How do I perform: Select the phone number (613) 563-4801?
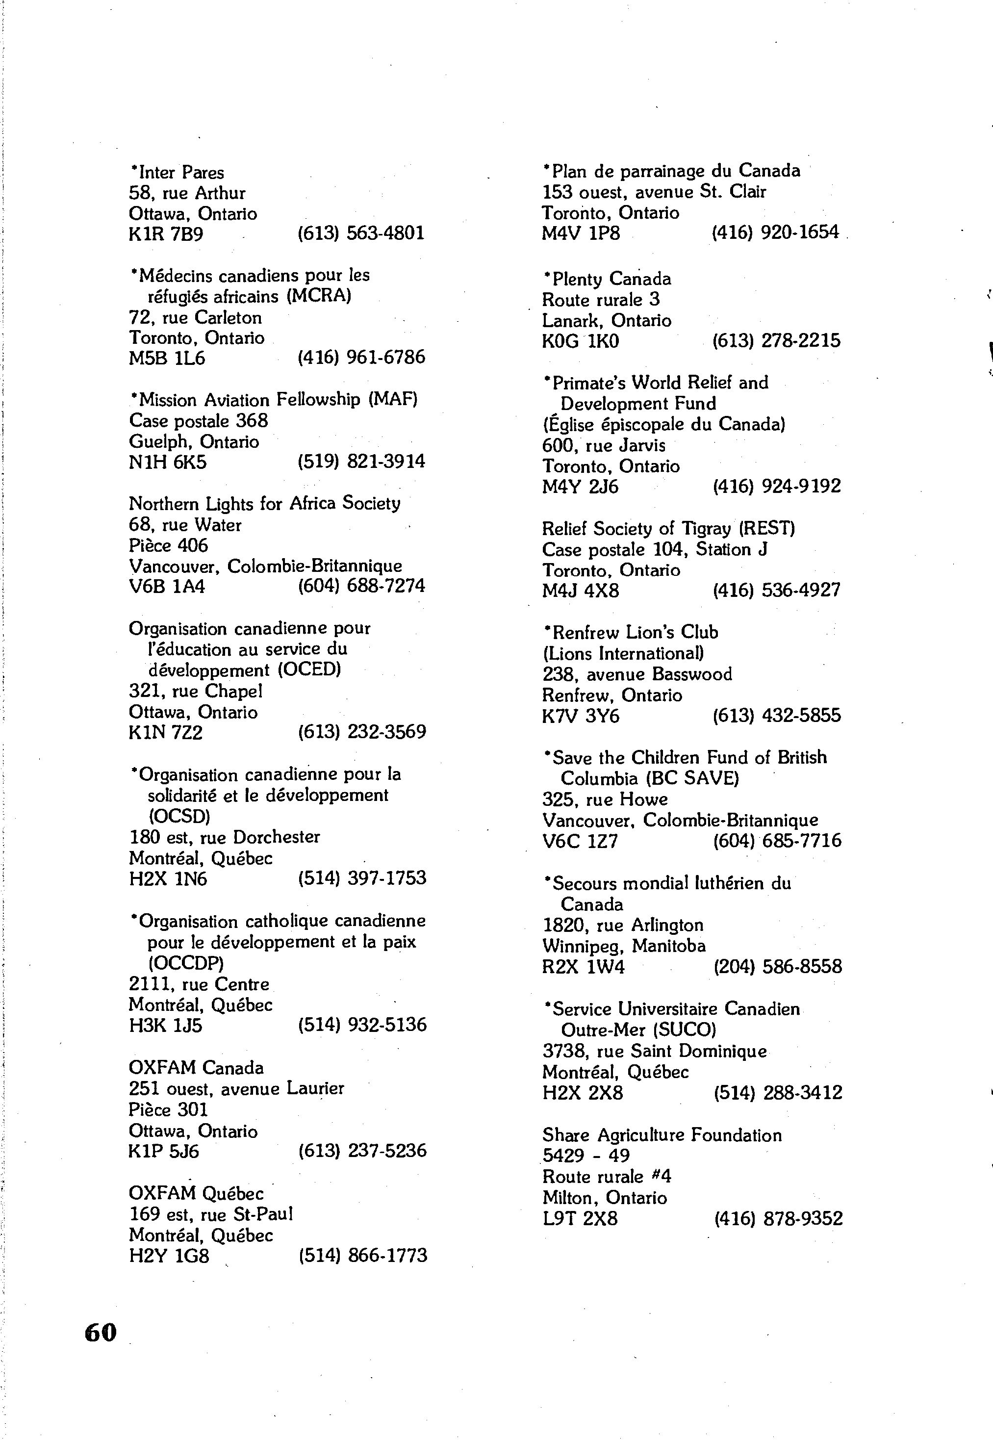pyautogui.click(x=361, y=233)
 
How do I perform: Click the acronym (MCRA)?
pyautogui.click(x=319, y=296)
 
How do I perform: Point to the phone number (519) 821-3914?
pyautogui.click(x=361, y=462)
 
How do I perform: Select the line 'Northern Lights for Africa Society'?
pyautogui.click(x=264, y=503)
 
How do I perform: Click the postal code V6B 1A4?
pyautogui.click(x=167, y=586)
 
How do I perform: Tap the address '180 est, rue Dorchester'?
pyautogui.click(x=224, y=837)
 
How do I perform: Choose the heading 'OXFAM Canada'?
pyautogui.click(x=196, y=1068)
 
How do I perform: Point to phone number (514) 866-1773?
pyautogui.click(x=363, y=1256)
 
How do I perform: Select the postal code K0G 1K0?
pyautogui.click(x=581, y=341)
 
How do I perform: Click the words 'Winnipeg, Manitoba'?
pyautogui.click(x=624, y=946)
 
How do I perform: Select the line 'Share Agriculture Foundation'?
pyautogui.click(x=662, y=1135)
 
